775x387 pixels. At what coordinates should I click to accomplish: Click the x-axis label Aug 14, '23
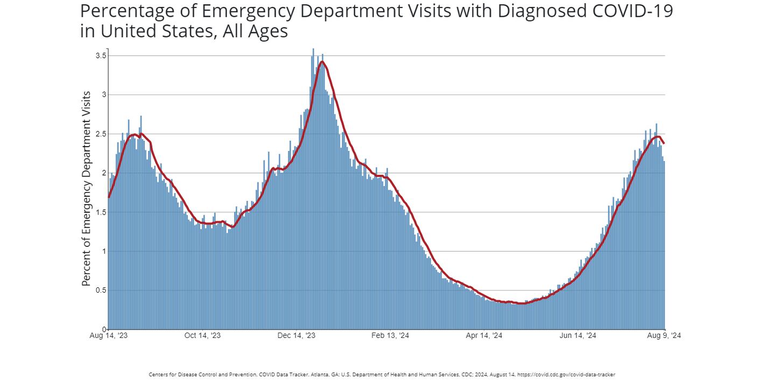[x=109, y=336]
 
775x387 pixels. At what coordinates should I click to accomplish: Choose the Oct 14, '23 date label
[x=202, y=336]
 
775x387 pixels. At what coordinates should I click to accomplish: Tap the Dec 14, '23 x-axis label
[x=297, y=336]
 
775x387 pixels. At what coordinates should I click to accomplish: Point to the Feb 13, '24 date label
[x=390, y=336]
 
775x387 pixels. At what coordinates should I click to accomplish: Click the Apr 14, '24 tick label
[x=484, y=336]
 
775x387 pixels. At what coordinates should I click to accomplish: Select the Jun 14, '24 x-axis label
[x=578, y=336]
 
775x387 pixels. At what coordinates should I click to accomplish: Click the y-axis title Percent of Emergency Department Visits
[x=86, y=189]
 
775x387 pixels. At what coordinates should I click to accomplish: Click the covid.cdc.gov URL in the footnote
[x=566, y=375]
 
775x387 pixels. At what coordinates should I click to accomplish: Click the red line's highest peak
[x=322, y=62]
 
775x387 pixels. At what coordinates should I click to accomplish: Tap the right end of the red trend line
[x=664, y=143]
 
